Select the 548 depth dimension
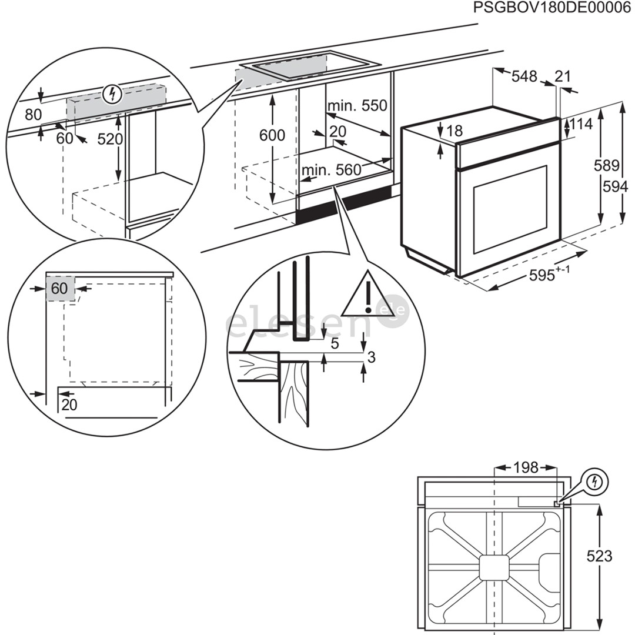524,76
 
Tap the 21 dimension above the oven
563,76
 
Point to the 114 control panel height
581,124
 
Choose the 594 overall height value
615,186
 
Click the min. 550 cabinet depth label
357,106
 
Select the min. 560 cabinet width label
331,171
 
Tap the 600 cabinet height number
272,135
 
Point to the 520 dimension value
110,139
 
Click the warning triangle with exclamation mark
367,296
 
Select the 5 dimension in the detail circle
335,344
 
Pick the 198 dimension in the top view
526,467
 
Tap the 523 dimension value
600,556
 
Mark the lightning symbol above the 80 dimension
111,93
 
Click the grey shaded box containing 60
60,288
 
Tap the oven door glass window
509,209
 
